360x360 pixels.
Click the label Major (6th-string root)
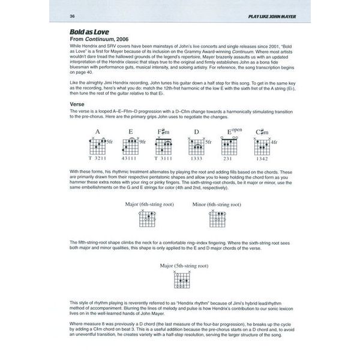(x=148, y=205)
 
